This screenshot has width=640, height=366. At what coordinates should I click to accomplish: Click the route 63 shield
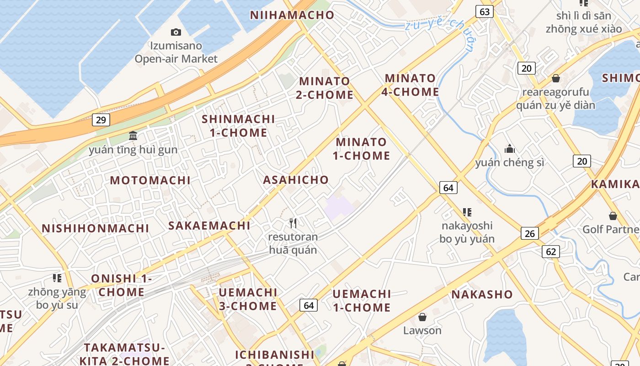[485, 11]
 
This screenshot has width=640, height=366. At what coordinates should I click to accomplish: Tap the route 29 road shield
[101, 120]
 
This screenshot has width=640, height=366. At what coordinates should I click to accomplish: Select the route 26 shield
[529, 234]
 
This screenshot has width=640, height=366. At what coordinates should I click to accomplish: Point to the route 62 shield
[551, 251]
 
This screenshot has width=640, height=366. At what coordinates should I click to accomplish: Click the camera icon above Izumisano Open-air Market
[176, 32]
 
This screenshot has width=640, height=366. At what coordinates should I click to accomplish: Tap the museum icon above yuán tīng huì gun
[133, 135]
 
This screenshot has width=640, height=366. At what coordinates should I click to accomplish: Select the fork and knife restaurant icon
[293, 223]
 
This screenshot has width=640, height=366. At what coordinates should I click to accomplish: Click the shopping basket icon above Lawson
[422, 317]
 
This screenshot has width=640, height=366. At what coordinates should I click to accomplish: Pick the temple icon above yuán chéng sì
[509, 149]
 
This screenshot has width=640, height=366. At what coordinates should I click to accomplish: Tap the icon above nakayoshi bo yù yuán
[467, 212]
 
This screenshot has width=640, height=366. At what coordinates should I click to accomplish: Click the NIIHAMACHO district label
[293, 15]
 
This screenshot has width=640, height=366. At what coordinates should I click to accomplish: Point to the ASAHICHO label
[296, 180]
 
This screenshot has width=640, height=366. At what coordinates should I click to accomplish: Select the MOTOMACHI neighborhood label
[150, 180]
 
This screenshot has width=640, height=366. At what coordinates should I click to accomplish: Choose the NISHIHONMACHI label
[96, 228]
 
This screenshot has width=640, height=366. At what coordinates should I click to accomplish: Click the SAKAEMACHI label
[209, 226]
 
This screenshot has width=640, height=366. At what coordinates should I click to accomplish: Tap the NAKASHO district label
[482, 294]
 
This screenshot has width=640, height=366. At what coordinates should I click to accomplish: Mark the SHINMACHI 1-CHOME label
[239, 126]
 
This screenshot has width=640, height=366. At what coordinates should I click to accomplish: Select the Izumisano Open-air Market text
[176, 52]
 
